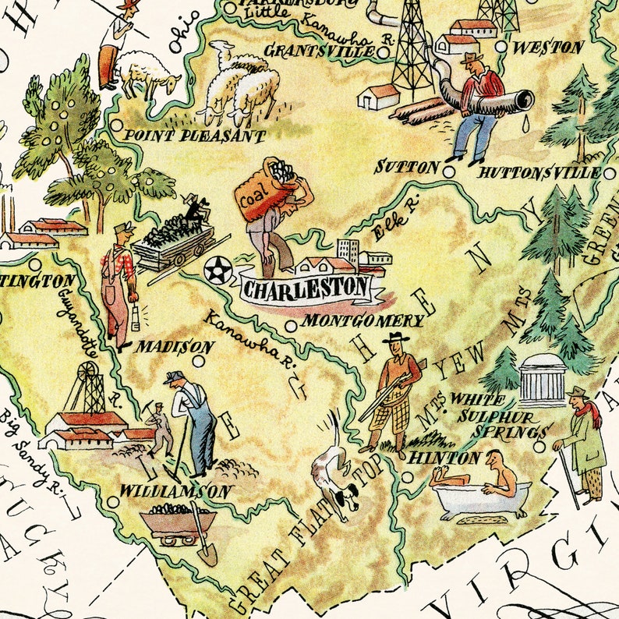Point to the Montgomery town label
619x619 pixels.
pos(363,321)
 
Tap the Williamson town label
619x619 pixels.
pos(175,492)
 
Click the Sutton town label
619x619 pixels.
pos(407,167)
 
